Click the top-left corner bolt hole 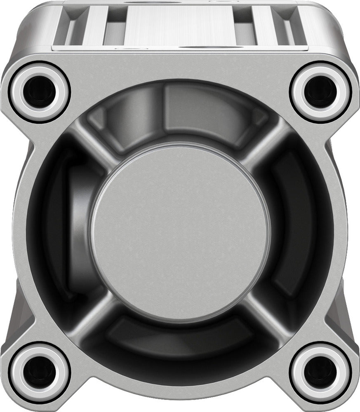click(39, 92)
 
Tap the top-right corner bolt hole click(320, 92)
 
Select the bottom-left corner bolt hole click(39, 372)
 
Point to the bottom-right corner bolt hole click(320, 372)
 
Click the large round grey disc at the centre click(180, 233)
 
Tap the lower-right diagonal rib click(266, 317)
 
